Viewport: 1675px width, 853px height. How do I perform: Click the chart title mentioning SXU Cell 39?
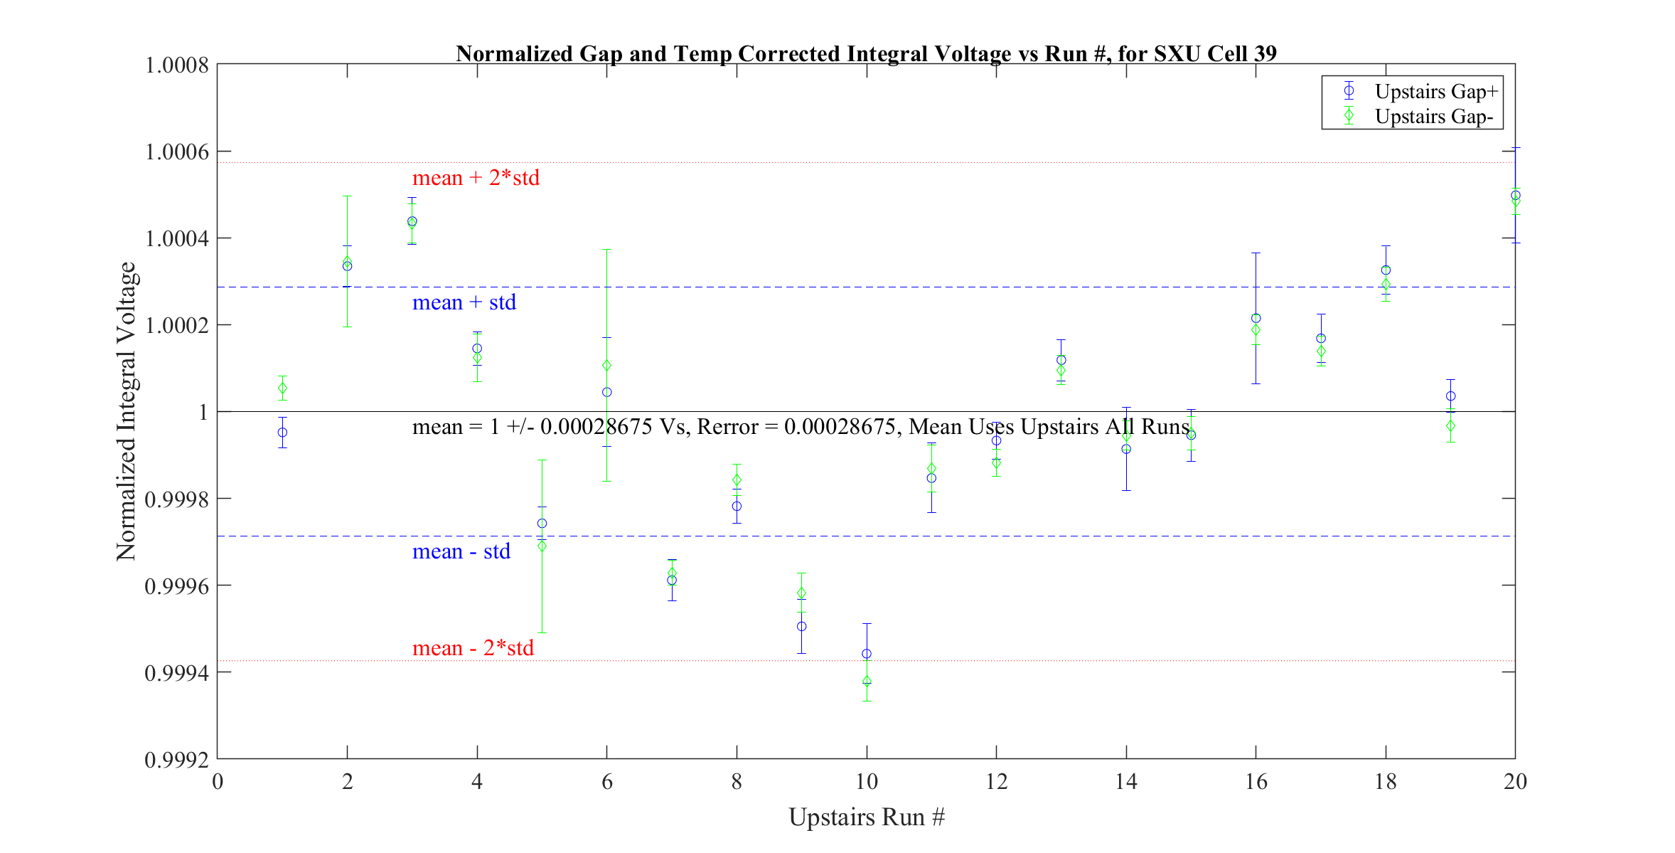tap(866, 53)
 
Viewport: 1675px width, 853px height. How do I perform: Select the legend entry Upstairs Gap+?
tap(1435, 91)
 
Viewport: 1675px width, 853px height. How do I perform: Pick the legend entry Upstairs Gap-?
tap(1433, 116)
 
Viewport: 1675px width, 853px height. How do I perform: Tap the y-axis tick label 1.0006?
tap(177, 152)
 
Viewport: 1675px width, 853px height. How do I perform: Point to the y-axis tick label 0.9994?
tap(177, 673)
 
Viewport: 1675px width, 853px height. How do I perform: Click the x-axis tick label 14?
tap(1126, 782)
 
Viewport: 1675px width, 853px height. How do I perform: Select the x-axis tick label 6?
tap(606, 782)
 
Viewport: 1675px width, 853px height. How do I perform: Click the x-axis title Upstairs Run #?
tap(867, 817)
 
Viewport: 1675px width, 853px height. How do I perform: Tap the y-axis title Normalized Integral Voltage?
tap(126, 411)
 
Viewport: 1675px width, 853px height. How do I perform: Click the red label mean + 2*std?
tap(476, 177)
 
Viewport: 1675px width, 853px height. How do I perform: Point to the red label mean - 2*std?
tap(473, 648)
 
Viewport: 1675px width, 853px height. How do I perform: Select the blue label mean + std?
tap(464, 302)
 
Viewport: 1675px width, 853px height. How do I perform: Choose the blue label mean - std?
tap(461, 551)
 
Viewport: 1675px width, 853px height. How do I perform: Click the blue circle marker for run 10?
tap(867, 654)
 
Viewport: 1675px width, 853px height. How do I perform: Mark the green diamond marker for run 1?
tap(282, 388)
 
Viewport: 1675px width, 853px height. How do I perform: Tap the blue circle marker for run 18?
tap(1386, 270)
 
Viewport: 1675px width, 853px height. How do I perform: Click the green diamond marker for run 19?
tap(1450, 426)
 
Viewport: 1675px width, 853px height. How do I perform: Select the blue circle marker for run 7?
tap(672, 581)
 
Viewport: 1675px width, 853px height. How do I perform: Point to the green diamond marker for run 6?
tap(606, 366)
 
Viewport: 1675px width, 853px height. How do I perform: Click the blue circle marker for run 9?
tap(801, 627)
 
